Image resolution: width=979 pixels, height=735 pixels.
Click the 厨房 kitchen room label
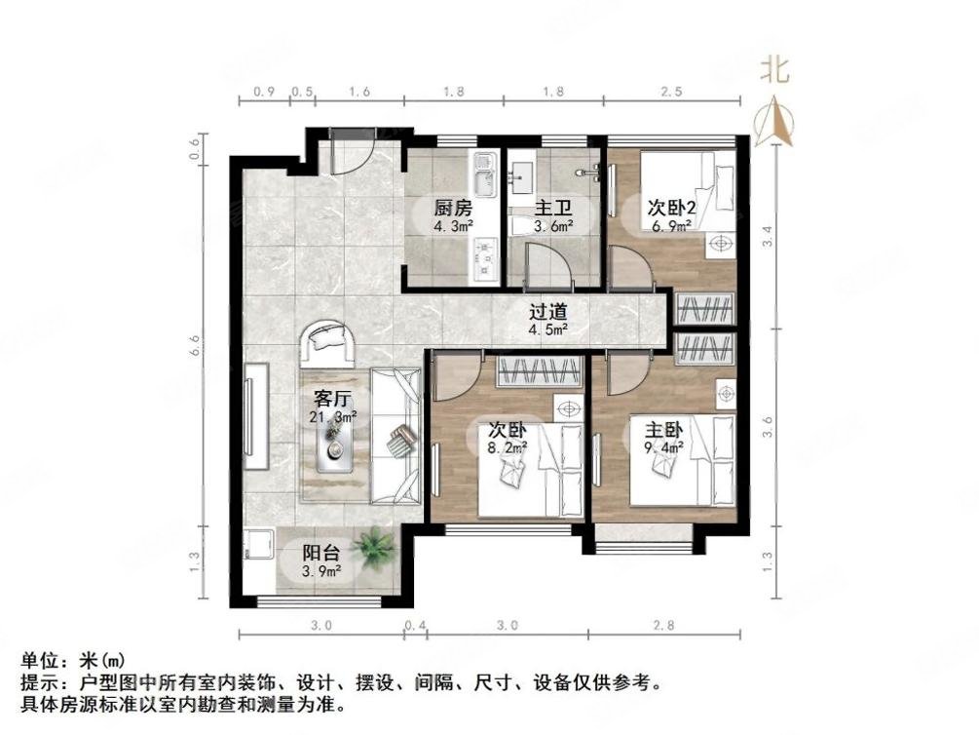(453, 208)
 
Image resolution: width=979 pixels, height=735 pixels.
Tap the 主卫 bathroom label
(552, 209)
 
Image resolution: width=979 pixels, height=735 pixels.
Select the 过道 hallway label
(547, 314)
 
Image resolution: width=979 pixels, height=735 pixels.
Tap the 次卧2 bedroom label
(671, 208)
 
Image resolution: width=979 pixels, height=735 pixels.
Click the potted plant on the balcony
(372, 547)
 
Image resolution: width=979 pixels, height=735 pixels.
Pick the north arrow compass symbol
(774, 118)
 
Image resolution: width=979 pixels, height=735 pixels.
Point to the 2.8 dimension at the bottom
(663, 625)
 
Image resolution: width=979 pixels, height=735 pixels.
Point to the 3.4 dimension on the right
(768, 236)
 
